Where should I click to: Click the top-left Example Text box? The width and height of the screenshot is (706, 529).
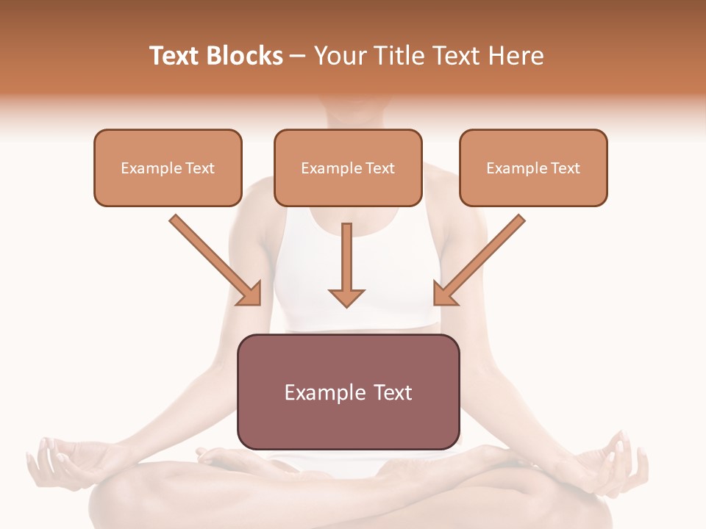click(x=168, y=168)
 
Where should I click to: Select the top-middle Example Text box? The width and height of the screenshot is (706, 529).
click(x=348, y=168)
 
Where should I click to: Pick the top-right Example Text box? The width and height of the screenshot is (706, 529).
click(x=533, y=168)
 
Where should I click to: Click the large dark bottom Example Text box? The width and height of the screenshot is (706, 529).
click(x=348, y=392)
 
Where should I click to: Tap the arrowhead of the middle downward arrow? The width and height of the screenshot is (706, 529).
click(x=346, y=297)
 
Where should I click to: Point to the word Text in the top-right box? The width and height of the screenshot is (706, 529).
click(x=566, y=168)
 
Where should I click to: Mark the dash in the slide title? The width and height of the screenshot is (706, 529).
click(x=298, y=57)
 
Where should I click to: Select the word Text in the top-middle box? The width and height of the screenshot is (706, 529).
click(x=380, y=168)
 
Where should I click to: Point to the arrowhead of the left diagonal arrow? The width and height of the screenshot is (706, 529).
click(x=251, y=294)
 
